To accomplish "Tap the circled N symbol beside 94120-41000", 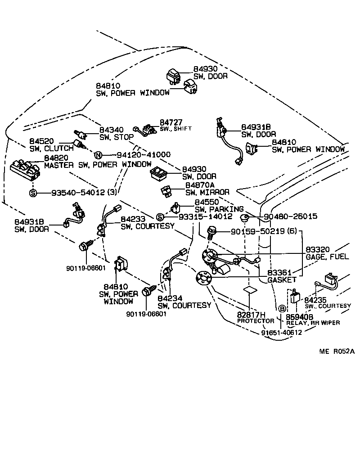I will coord(98,155).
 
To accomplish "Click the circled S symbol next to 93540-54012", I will coord(33,193).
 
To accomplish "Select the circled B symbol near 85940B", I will coord(282,309).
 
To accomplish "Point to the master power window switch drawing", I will coord(26,169).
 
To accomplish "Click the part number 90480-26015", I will coord(290,216).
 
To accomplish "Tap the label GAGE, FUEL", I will coord(323,257).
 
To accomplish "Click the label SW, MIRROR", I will coord(207,192).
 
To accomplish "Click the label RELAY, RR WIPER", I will coord(313,322).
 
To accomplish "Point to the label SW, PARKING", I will coord(219,209).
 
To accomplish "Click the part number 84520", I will coord(42,141).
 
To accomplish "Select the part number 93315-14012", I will coord(205,216).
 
